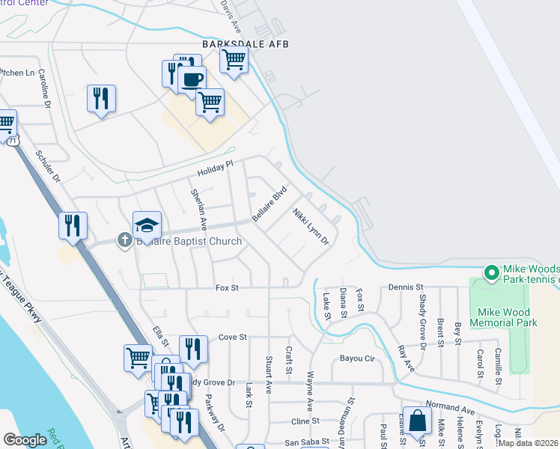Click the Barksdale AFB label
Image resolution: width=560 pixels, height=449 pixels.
pos(245,44)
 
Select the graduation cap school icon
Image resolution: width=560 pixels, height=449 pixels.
pos(147,224)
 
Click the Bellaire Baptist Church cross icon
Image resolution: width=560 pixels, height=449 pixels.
pos(123,241)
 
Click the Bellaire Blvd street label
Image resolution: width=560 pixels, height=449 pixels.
pos(270,204)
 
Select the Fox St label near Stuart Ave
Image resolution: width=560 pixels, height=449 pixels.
pos(227,287)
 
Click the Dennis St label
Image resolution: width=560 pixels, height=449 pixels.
pos(406,287)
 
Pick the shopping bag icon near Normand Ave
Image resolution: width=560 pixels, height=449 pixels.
pos(416,421)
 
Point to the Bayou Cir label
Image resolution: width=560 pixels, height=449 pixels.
pos(356,358)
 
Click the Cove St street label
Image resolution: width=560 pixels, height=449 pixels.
pos(232,337)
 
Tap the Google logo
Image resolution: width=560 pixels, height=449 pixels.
pos(25,440)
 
